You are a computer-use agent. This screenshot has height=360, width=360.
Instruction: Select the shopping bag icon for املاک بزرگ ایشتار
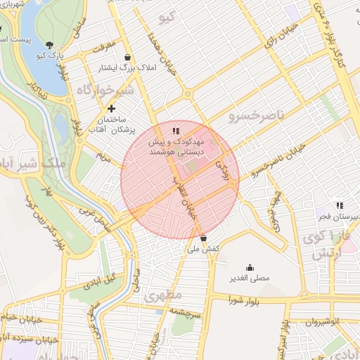(127, 57)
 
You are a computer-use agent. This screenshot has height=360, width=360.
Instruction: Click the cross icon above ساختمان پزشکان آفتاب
(111, 108)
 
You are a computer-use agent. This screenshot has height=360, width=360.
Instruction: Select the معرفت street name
(103, 50)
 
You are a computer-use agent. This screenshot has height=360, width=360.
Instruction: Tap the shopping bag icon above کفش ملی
(203, 238)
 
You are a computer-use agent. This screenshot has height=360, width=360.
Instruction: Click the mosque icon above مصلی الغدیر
(250, 267)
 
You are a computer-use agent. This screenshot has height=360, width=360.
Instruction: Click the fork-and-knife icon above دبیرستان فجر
(340, 205)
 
